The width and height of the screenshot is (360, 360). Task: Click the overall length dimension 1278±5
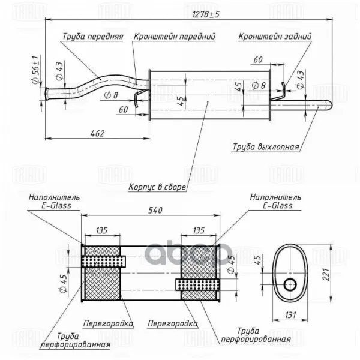coord(206,14)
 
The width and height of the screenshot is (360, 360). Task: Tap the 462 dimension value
coord(98,133)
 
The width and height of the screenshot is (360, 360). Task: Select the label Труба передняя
coord(93,36)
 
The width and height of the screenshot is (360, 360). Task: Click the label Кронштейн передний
coord(175,36)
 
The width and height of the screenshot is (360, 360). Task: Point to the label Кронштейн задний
coord(275,36)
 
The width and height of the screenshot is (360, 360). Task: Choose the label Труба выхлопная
coord(266,147)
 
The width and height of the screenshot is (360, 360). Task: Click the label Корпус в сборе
coord(157,187)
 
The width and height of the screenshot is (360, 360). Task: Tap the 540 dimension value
coord(155,210)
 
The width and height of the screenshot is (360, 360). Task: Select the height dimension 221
coord(326,274)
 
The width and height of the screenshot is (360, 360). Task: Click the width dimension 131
coord(290,315)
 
